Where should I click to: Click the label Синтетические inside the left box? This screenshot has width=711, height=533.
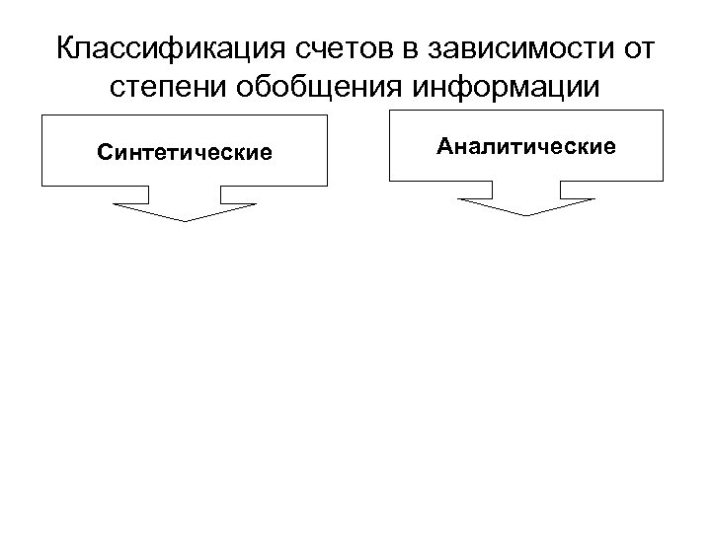(x=185, y=153)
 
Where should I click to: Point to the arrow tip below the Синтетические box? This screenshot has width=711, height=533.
(x=185, y=220)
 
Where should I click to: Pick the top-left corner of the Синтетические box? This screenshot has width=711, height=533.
(x=41, y=115)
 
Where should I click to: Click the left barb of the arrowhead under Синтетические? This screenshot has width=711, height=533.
(x=115, y=204)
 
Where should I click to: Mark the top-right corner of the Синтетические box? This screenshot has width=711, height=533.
(x=328, y=115)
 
